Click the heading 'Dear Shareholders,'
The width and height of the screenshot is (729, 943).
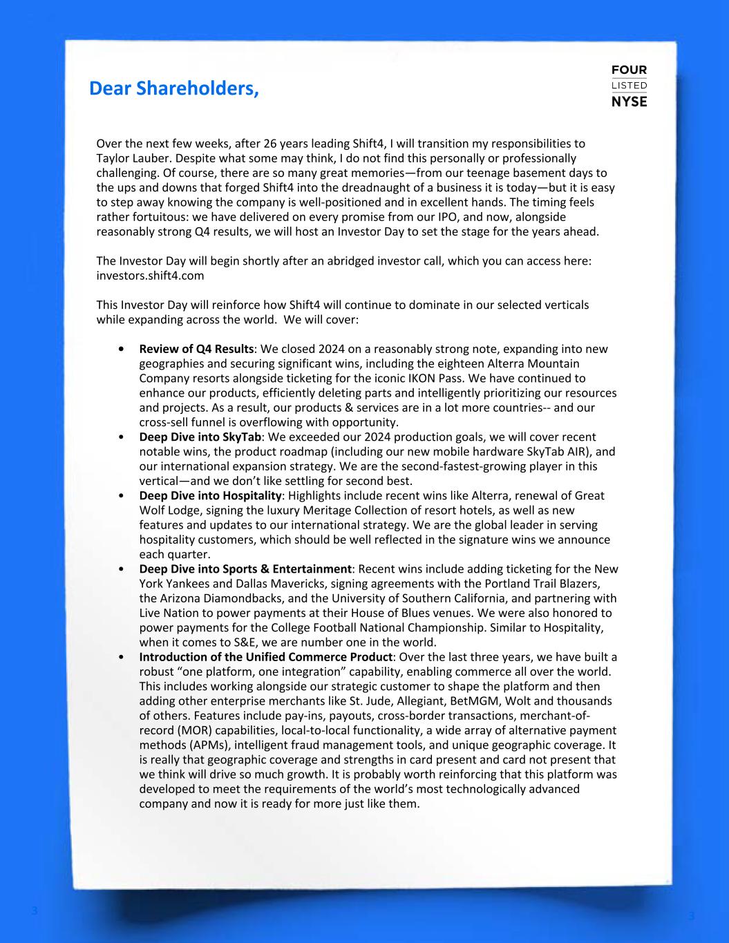[x=173, y=89]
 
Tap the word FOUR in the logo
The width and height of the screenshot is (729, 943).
[x=629, y=70]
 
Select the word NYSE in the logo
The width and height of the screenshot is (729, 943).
[x=629, y=102]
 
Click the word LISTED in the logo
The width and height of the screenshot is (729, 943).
[x=629, y=86]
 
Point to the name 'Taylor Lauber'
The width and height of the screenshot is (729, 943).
[x=130, y=158]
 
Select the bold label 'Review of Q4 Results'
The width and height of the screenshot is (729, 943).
[x=196, y=349]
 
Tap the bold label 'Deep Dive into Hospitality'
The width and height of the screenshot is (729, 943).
[x=211, y=495]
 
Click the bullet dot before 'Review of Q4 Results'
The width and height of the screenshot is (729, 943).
[x=122, y=350]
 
